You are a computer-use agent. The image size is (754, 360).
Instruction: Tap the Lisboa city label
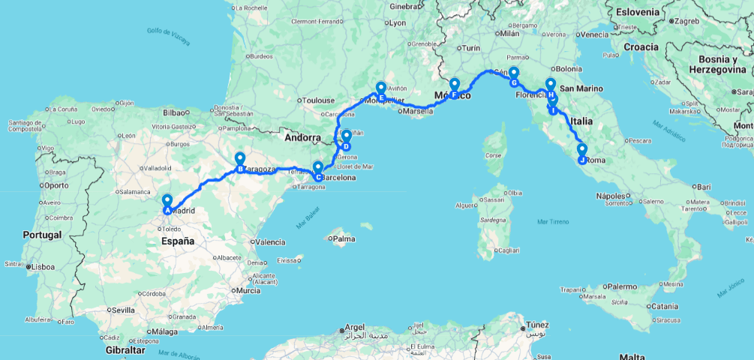44,266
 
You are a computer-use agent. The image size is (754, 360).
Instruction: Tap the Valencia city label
269,242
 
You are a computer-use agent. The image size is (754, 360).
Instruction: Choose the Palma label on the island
344,240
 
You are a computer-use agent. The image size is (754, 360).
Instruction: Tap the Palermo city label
622,286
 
